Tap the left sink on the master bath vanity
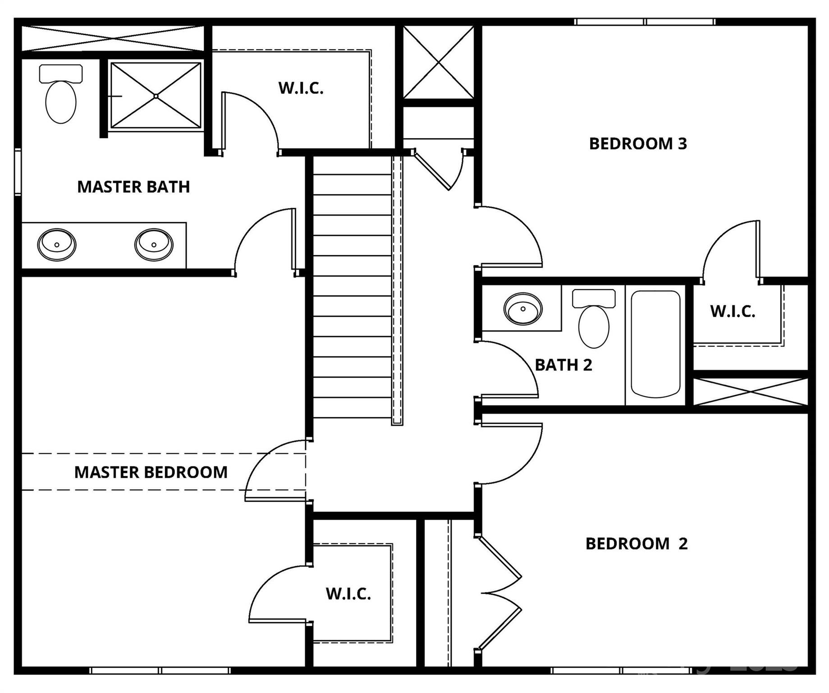[x=56, y=245]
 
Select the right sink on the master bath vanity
[x=154, y=245]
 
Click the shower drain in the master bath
[x=156, y=96]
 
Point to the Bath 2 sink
[x=522, y=309]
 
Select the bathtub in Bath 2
[x=655, y=344]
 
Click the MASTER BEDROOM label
[x=151, y=472]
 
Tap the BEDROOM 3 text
[x=637, y=143]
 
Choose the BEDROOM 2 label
[x=636, y=544]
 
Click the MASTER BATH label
[x=133, y=187]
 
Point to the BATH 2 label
[x=563, y=365]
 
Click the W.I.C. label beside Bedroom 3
[x=733, y=311]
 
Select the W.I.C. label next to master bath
[x=301, y=88]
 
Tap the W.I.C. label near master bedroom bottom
[x=348, y=594]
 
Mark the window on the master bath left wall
[x=18, y=172]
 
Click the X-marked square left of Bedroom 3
[x=438, y=62]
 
